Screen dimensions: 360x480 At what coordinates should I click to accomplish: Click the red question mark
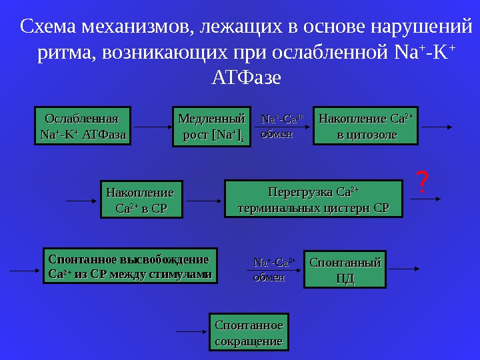[x=421, y=181]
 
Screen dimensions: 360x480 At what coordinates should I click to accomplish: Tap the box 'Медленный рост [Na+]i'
[x=211, y=127]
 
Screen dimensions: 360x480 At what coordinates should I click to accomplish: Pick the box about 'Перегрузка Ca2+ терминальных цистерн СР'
[x=313, y=199]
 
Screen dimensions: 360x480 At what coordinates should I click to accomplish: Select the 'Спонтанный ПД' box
[x=345, y=269]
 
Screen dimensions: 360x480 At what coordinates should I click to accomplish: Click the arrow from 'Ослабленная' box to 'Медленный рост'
[x=151, y=126]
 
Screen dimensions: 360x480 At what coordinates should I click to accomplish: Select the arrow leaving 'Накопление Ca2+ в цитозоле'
[x=437, y=126]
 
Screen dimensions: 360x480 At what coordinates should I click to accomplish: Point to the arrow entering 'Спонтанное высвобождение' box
[x=25, y=270]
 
